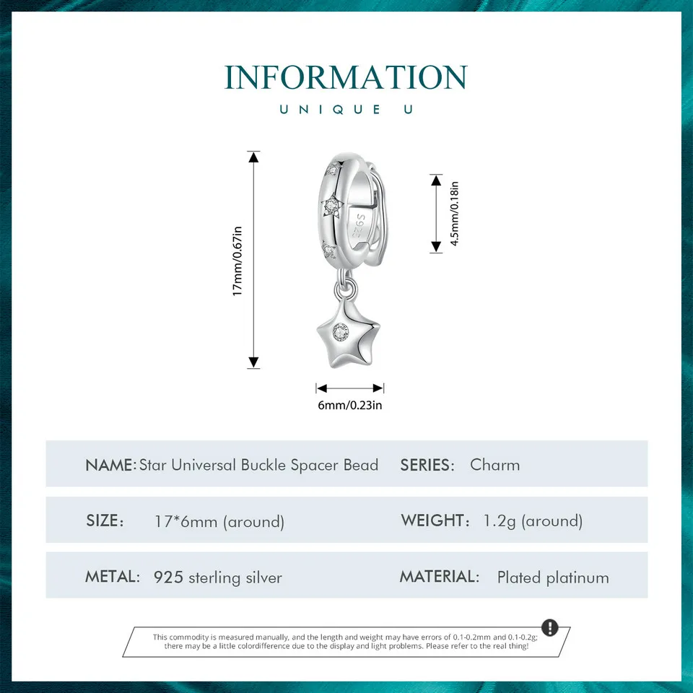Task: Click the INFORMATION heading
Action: [346, 77]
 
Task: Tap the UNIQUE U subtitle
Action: [346, 110]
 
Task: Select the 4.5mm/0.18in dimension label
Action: [455, 214]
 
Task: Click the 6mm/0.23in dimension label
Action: [350, 405]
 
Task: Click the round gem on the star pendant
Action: [340, 331]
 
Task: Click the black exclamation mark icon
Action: [549, 627]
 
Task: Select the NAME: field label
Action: [110, 465]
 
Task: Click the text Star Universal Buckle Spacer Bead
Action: [258, 465]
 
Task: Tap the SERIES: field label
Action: [427, 465]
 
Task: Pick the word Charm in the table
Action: [494, 465]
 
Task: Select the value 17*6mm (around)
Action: [219, 521]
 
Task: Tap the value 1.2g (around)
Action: [533, 521]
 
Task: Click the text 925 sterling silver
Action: [218, 577]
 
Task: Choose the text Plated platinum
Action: [553, 577]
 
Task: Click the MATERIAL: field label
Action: [439, 577]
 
